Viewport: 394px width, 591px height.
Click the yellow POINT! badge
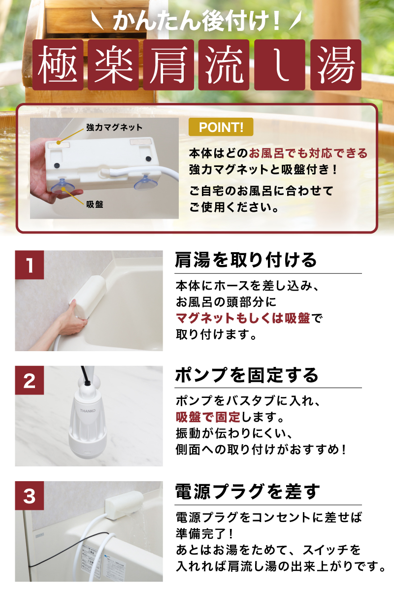[x=221, y=127]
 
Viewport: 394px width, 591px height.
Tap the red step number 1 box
[x=30, y=265]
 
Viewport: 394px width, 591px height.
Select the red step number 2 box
[x=30, y=381]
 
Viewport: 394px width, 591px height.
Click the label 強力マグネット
[x=114, y=128]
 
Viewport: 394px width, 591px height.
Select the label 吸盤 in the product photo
[x=95, y=204]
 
